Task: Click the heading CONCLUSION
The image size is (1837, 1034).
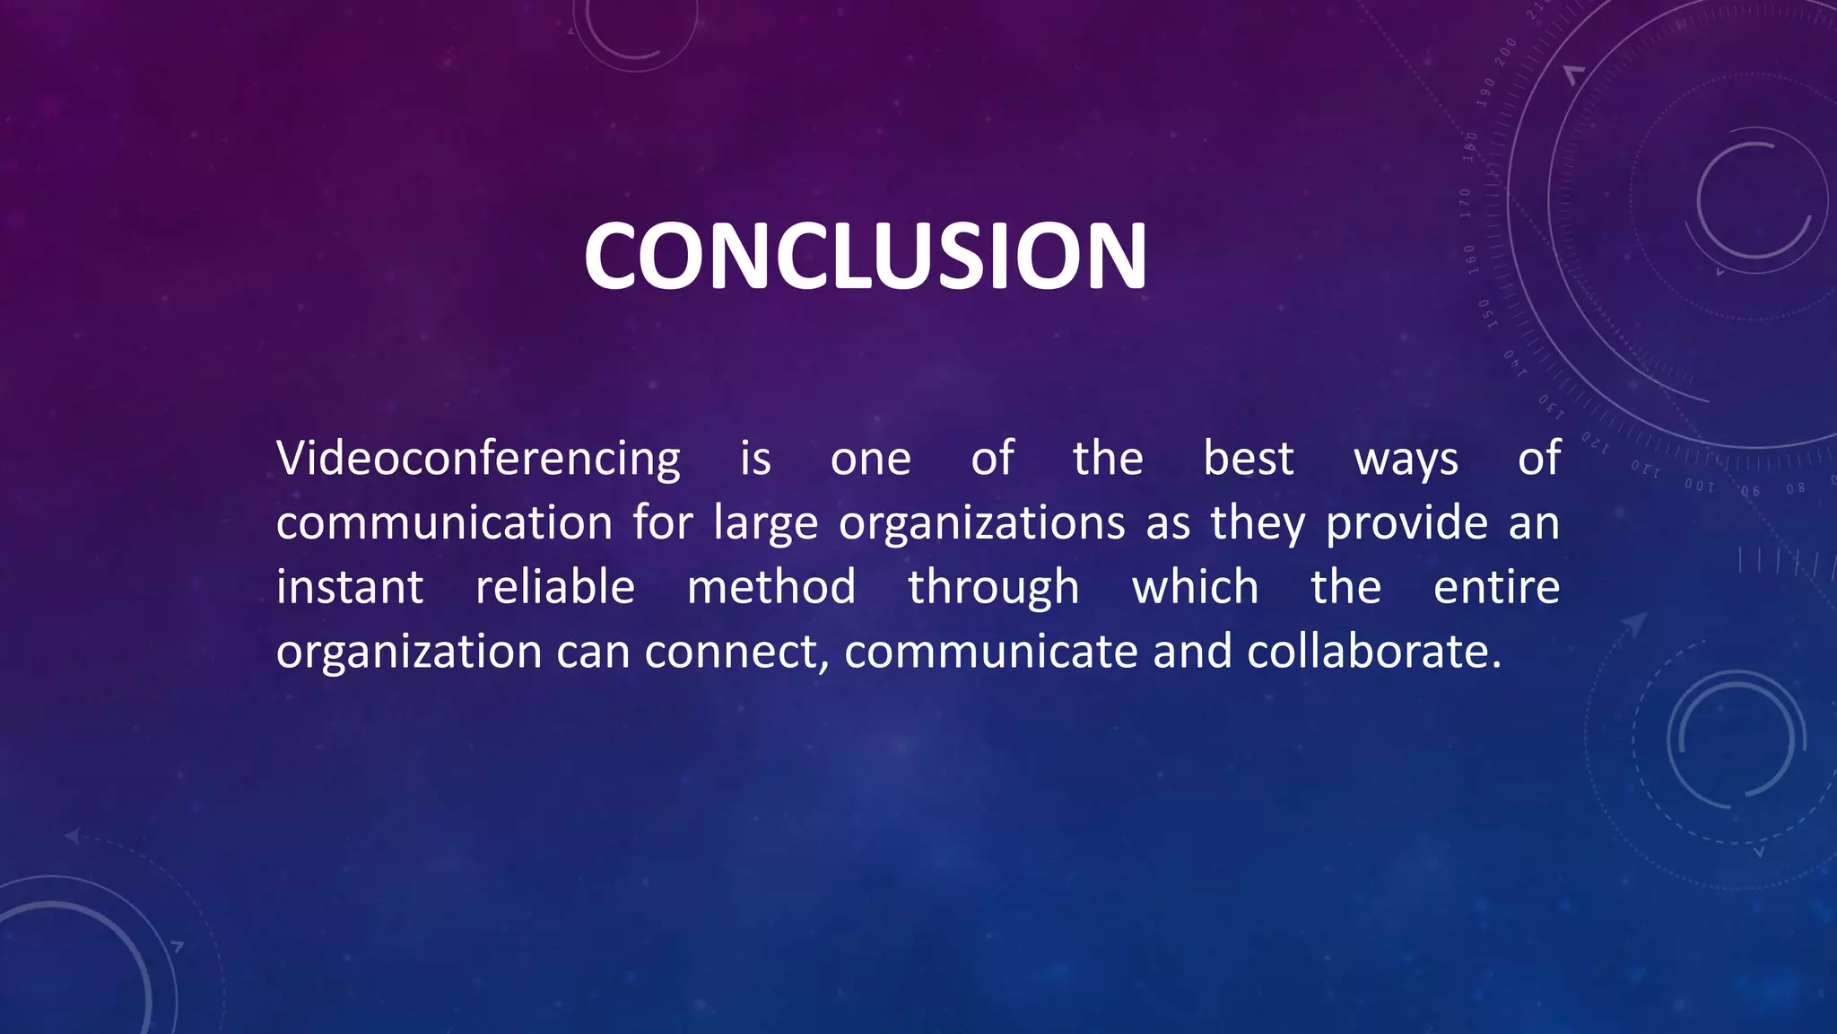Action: pos(865,257)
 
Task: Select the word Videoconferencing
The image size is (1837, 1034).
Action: pos(478,460)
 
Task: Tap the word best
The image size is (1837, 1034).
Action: pos(1248,459)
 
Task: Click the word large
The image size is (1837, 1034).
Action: pos(765,524)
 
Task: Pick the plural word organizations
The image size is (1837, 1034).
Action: pos(981,524)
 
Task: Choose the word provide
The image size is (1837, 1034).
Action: pos(1406,523)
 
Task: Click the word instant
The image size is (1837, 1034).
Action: pos(350,588)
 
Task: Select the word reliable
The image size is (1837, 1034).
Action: pos(555,588)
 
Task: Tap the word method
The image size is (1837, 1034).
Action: pos(771,588)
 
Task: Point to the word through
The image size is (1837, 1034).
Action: pos(994,589)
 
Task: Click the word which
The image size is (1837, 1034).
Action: pos(1195,588)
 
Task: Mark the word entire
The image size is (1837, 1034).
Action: pos(1496,588)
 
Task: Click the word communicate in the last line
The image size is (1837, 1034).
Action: pos(991,652)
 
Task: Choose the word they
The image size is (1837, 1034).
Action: pos(1258,524)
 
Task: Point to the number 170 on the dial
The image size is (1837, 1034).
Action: pos(1466,203)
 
